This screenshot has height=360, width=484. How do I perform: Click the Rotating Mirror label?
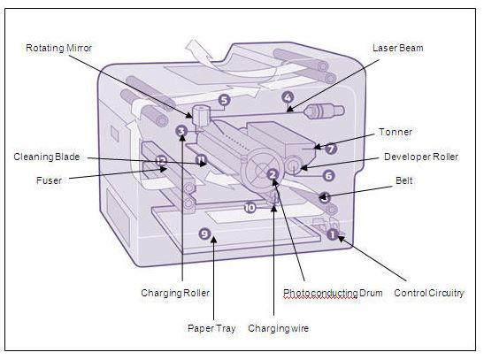coord(59,47)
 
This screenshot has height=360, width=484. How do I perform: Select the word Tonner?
coord(395,131)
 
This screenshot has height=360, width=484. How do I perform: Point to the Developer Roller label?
coord(420,157)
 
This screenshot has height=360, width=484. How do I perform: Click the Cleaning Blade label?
coord(47,157)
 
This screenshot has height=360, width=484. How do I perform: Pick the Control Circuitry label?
coord(428,293)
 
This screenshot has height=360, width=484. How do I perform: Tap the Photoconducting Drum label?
coord(332,293)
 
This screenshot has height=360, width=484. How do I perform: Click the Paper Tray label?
coord(211,327)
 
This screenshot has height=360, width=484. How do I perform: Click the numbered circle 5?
coord(224,100)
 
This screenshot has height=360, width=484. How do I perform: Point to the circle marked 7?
coord(330,149)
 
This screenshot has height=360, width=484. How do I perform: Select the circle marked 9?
coord(204,234)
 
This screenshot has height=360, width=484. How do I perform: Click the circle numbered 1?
coord(333,234)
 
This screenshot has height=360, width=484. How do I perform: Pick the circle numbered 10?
coord(250,207)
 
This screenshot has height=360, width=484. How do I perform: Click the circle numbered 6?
coord(327,175)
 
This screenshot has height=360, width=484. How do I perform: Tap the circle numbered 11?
coord(203,160)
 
